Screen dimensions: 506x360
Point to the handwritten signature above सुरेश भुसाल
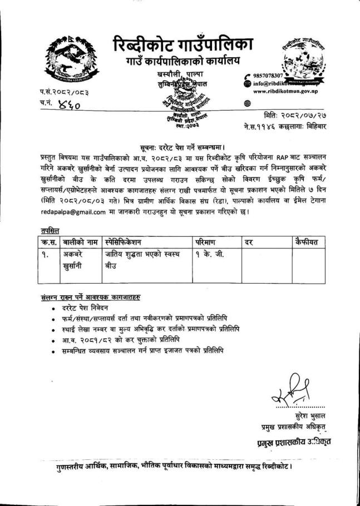pos(287,387)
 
